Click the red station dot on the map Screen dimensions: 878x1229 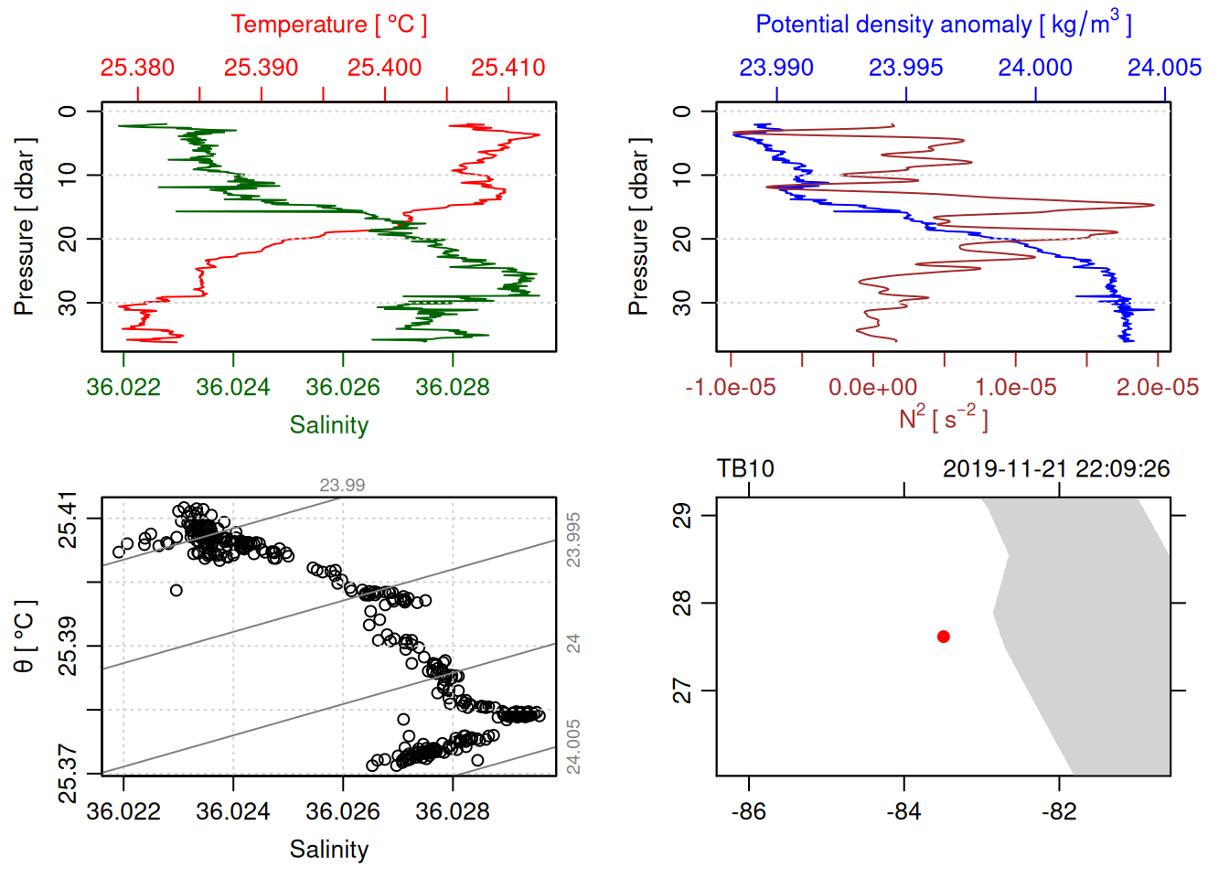(944, 637)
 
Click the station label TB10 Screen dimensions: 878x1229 (745, 469)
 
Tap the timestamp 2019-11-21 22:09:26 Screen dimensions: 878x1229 (1056, 469)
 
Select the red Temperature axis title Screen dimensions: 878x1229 (328, 25)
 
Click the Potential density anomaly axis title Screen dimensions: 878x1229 (943, 25)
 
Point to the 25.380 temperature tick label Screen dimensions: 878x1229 (137, 68)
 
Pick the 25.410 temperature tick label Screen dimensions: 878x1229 (508, 68)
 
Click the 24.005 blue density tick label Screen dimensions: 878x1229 (1164, 68)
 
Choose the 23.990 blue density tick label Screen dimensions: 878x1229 (776, 68)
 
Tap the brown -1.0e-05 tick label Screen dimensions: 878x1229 (731, 388)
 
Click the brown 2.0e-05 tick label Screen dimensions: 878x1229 (1158, 388)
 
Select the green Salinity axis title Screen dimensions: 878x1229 (329, 425)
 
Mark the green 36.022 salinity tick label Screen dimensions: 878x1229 (123, 388)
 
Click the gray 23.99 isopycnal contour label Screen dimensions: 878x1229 (342, 486)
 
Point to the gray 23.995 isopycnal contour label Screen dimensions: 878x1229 (573, 540)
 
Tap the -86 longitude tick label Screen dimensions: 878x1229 (749, 811)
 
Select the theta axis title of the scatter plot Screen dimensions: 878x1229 (25, 636)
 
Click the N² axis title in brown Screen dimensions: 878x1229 (943, 418)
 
